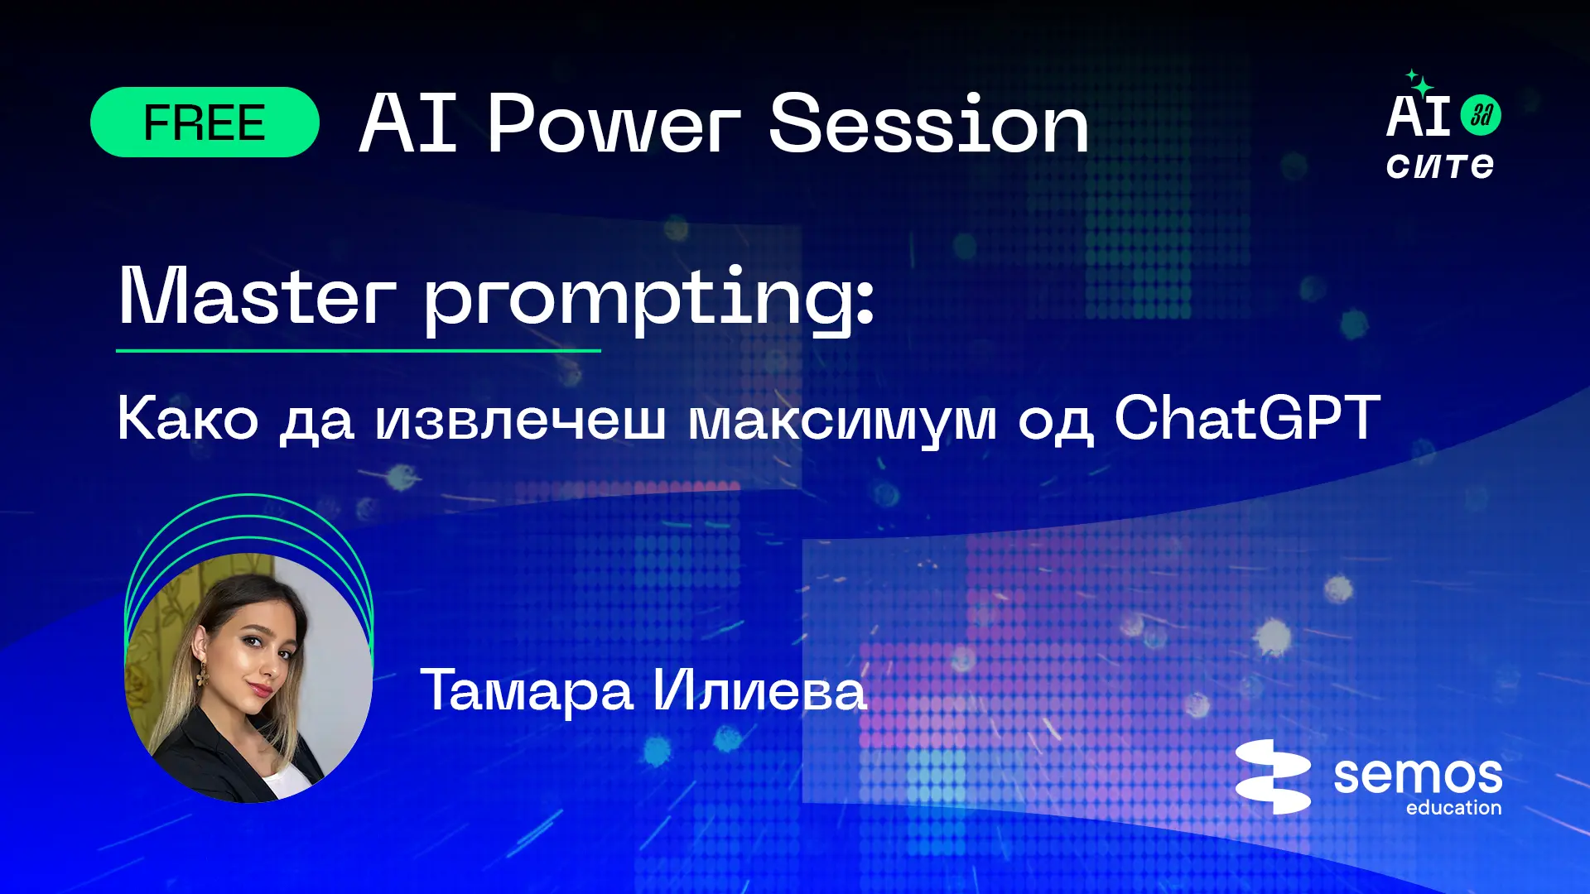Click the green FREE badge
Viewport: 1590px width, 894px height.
coord(205,123)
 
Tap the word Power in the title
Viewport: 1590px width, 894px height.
coord(614,123)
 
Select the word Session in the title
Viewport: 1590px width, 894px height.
coord(928,123)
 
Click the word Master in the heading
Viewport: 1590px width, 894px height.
coord(257,296)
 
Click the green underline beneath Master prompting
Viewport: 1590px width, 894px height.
coord(358,351)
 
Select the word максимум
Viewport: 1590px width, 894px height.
coord(842,423)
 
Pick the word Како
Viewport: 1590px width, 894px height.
coord(188,418)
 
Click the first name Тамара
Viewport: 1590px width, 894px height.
coord(527,690)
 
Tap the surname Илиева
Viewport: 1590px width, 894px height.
coord(759,690)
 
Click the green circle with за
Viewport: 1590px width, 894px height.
coord(1481,115)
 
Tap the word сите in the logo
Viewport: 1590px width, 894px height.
coord(1440,166)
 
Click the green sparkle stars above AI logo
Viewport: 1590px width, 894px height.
coord(1419,83)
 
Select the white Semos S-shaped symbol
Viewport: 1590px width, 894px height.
coord(1273,776)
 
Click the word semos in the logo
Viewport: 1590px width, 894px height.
coord(1418,776)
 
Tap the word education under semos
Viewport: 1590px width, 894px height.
coord(1453,808)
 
